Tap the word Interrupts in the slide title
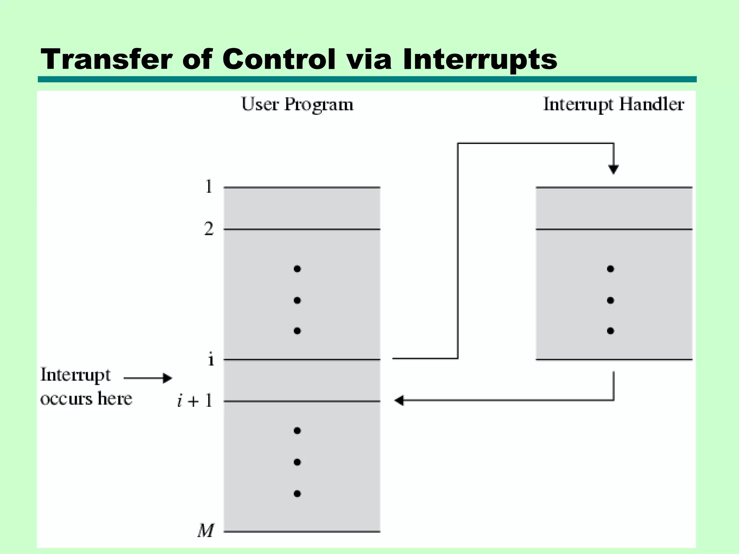click(x=480, y=60)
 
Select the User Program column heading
click(x=297, y=105)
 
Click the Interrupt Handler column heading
click(x=613, y=105)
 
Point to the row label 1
click(x=209, y=187)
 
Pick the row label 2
click(x=209, y=229)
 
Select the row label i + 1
click(x=195, y=401)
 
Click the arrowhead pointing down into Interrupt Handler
click(x=613, y=169)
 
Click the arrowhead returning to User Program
click(x=399, y=400)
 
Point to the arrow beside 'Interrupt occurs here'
click(x=148, y=378)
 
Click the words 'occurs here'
click(x=86, y=399)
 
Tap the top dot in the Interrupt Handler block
click(x=611, y=269)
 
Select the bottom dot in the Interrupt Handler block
click(x=611, y=331)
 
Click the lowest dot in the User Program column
click(x=297, y=494)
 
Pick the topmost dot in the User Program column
click(x=297, y=269)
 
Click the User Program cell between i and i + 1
click(x=302, y=380)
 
